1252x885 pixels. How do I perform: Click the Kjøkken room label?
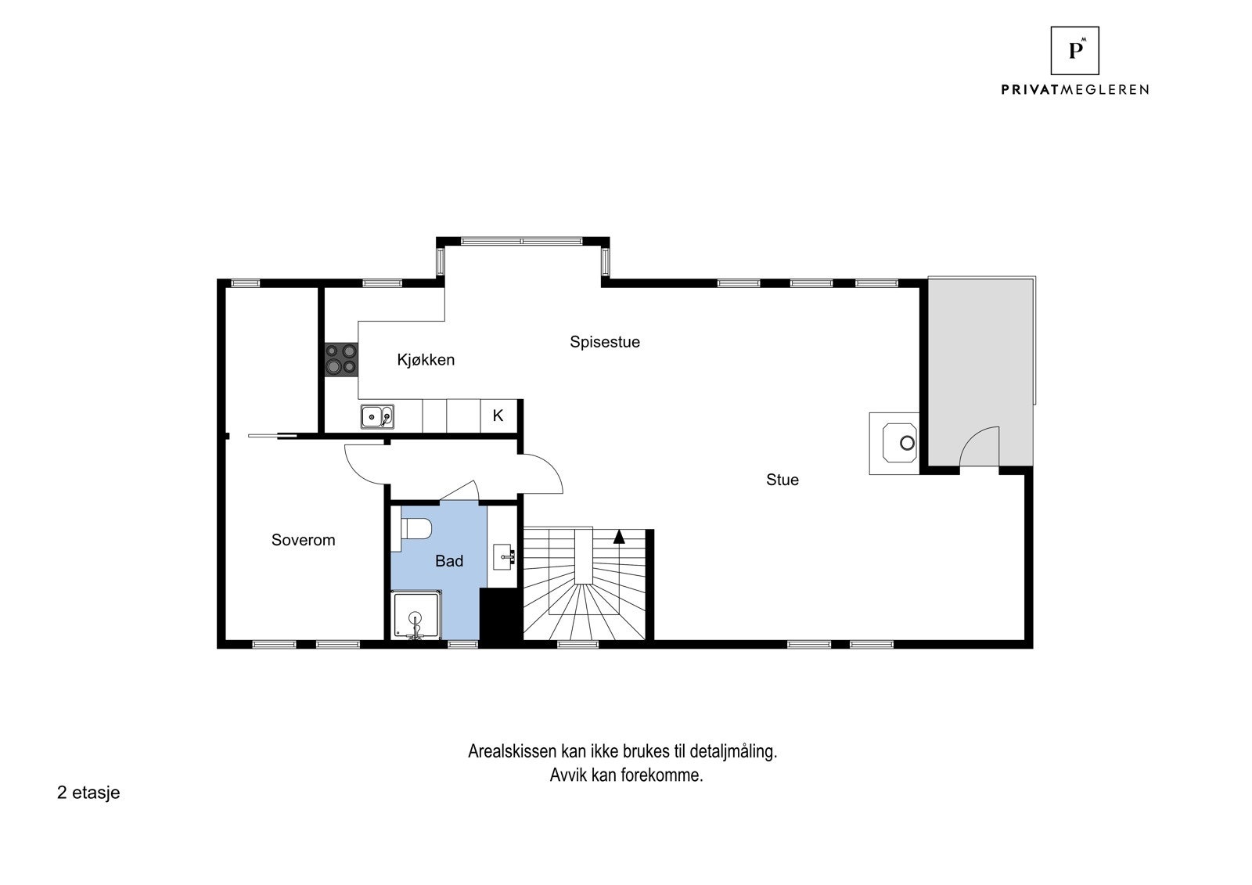click(426, 360)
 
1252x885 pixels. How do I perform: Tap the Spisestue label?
click(604, 342)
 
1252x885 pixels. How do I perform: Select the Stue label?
click(782, 480)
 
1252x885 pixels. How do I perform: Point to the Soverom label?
click(303, 540)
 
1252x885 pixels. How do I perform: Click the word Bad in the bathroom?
click(449, 561)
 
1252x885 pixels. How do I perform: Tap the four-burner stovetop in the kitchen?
click(341, 359)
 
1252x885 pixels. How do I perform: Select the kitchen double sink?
click(377, 416)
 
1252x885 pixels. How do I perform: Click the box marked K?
click(498, 416)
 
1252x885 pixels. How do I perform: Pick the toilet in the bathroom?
click(416, 528)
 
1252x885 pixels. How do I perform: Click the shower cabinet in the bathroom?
click(417, 616)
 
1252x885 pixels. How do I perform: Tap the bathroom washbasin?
click(504, 557)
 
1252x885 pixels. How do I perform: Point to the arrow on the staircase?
click(619, 536)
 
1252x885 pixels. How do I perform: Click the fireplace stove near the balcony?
click(896, 444)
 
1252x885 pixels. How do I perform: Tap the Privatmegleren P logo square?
click(1074, 51)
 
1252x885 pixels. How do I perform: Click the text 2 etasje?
click(88, 793)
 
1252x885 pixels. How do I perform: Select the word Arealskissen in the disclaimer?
click(512, 752)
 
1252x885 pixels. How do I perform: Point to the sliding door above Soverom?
click(272, 436)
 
